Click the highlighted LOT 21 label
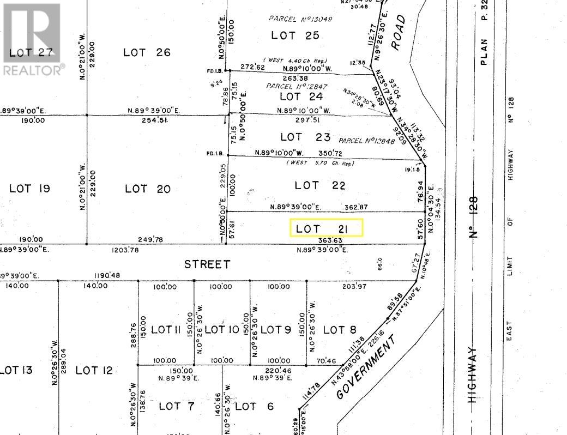[326, 228]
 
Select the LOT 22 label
[320, 185]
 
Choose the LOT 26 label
[147, 52]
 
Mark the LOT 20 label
[148, 189]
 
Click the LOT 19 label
[30, 189]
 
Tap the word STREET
[207, 264]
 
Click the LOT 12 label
[94, 370]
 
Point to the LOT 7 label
[176, 406]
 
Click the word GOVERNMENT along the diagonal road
[365, 368]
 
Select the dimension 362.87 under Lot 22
[357, 207]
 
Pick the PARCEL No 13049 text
[300, 19]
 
